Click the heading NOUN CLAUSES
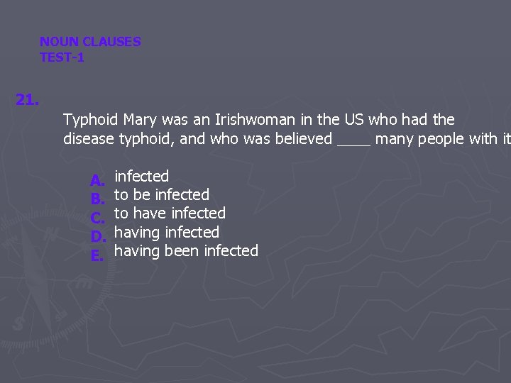(x=90, y=42)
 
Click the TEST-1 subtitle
(x=62, y=57)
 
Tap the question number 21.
(x=27, y=100)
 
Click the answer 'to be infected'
(x=162, y=194)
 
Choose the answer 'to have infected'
(x=170, y=213)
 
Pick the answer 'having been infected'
(x=186, y=250)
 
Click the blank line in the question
(x=353, y=140)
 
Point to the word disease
(x=89, y=138)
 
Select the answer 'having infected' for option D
(x=167, y=232)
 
